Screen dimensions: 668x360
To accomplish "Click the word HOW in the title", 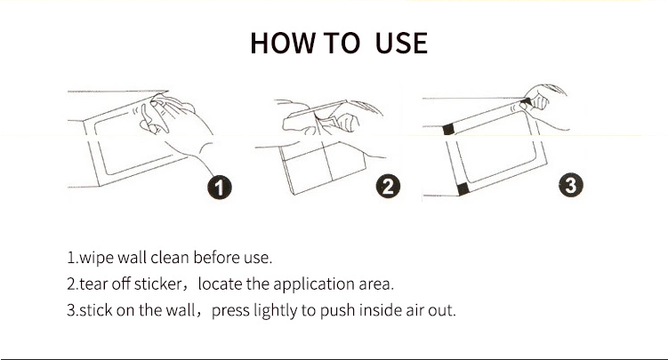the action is tap(283, 43).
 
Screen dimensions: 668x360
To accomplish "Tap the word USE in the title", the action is tap(401, 43).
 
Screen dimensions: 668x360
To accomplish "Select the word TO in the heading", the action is tap(342, 43).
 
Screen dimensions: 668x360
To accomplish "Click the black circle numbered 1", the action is tap(220, 188).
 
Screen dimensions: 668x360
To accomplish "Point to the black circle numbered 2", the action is tap(388, 187).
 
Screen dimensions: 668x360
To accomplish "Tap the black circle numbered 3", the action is tap(571, 185).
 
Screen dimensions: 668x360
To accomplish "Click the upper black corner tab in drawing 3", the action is tap(448, 130).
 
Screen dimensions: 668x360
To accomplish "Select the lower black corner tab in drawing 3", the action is tap(463, 189).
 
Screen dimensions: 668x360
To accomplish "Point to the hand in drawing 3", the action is tap(543, 104).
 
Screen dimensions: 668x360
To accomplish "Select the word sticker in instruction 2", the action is tap(157, 284).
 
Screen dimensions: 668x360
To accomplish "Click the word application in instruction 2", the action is tap(314, 284).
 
